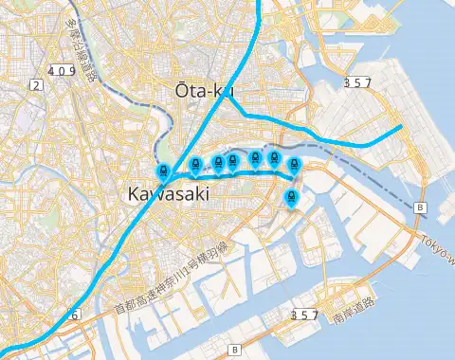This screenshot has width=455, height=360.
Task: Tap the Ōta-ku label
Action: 203,90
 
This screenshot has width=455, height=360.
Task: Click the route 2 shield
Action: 36,85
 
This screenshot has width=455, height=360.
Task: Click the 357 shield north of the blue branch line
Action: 357,82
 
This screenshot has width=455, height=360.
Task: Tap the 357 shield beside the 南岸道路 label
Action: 303,314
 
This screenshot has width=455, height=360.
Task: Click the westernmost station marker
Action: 163,172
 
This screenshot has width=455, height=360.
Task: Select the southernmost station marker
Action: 292,197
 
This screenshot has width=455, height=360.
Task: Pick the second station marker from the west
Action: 195,165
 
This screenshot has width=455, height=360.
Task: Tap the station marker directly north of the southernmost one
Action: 293,165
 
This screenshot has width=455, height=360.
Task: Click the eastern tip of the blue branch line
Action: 404,126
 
